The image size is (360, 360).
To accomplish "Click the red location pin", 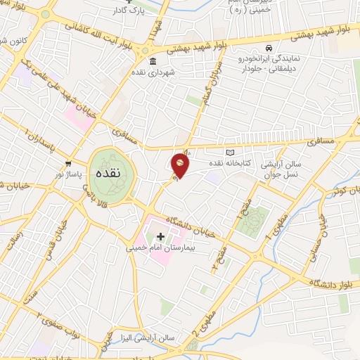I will point(180,166).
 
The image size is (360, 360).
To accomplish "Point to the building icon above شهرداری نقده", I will point(153,61).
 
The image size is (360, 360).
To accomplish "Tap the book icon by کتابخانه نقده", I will point(229,152).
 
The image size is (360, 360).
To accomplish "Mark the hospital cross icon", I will point(160,236).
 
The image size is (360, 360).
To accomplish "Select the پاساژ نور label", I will point(70,172).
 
